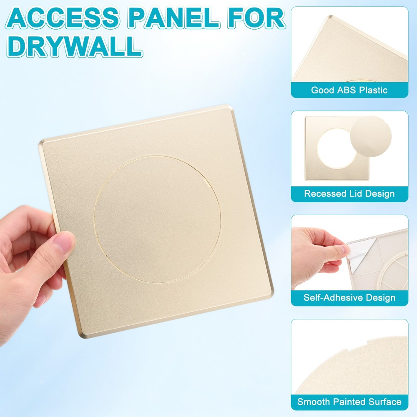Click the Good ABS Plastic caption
click(x=349, y=90)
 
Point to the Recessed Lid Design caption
click(x=349, y=193)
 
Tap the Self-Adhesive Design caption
click(x=349, y=298)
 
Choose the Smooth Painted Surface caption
click(x=349, y=402)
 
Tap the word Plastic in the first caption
click(x=372, y=90)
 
